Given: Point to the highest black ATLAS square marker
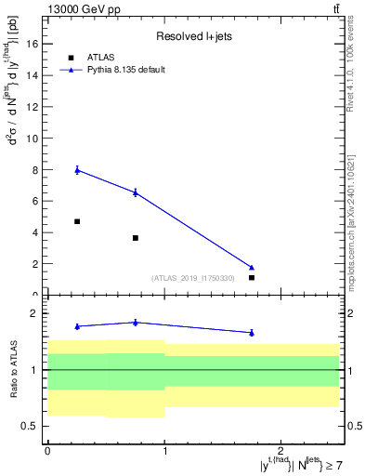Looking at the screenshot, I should [77, 221].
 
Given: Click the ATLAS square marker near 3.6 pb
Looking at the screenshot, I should [136, 238].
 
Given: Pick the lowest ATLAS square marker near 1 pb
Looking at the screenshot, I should [252, 277].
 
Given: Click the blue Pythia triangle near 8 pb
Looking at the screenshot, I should [77, 169].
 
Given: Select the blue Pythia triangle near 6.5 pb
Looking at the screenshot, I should [136, 192].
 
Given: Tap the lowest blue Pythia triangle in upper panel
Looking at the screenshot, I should [252, 268].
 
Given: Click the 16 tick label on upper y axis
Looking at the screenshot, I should [34, 44].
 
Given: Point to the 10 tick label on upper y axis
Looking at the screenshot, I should [34, 139].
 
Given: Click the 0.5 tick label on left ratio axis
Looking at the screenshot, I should [32, 427].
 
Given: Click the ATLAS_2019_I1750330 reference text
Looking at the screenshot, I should [199, 277].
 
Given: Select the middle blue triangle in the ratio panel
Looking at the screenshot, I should [136, 323].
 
